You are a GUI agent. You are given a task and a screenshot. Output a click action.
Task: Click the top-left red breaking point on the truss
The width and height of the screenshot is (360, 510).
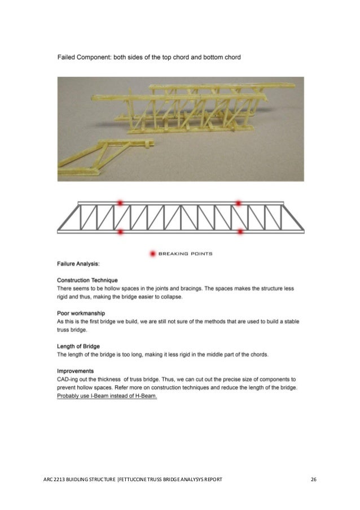click(x=120, y=202)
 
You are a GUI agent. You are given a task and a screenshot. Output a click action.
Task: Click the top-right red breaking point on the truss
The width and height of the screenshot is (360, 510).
click(x=238, y=202)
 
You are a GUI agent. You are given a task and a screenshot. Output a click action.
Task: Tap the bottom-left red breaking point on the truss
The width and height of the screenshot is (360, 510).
click(x=120, y=231)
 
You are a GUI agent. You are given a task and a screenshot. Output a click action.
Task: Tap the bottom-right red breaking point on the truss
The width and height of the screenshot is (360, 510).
click(x=240, y=231)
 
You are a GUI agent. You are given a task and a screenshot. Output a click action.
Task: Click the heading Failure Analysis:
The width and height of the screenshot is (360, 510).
click(x=78, y=263)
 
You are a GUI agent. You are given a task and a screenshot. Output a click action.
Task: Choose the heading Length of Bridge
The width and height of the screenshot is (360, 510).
click(x=82, y=347)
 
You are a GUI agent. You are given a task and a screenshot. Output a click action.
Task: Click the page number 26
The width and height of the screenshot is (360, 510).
click(x=314, y=480)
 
